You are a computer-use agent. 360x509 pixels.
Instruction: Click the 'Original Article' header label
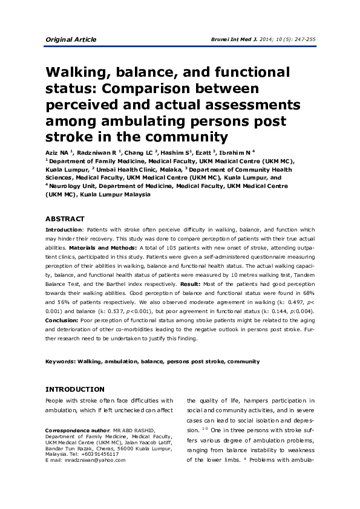coord(71,39)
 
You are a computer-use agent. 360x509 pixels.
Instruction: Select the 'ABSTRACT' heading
coord(65,219)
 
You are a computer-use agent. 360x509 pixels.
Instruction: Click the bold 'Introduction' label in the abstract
coord(64,230)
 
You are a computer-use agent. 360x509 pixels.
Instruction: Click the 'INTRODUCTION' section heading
coord(75,389)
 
